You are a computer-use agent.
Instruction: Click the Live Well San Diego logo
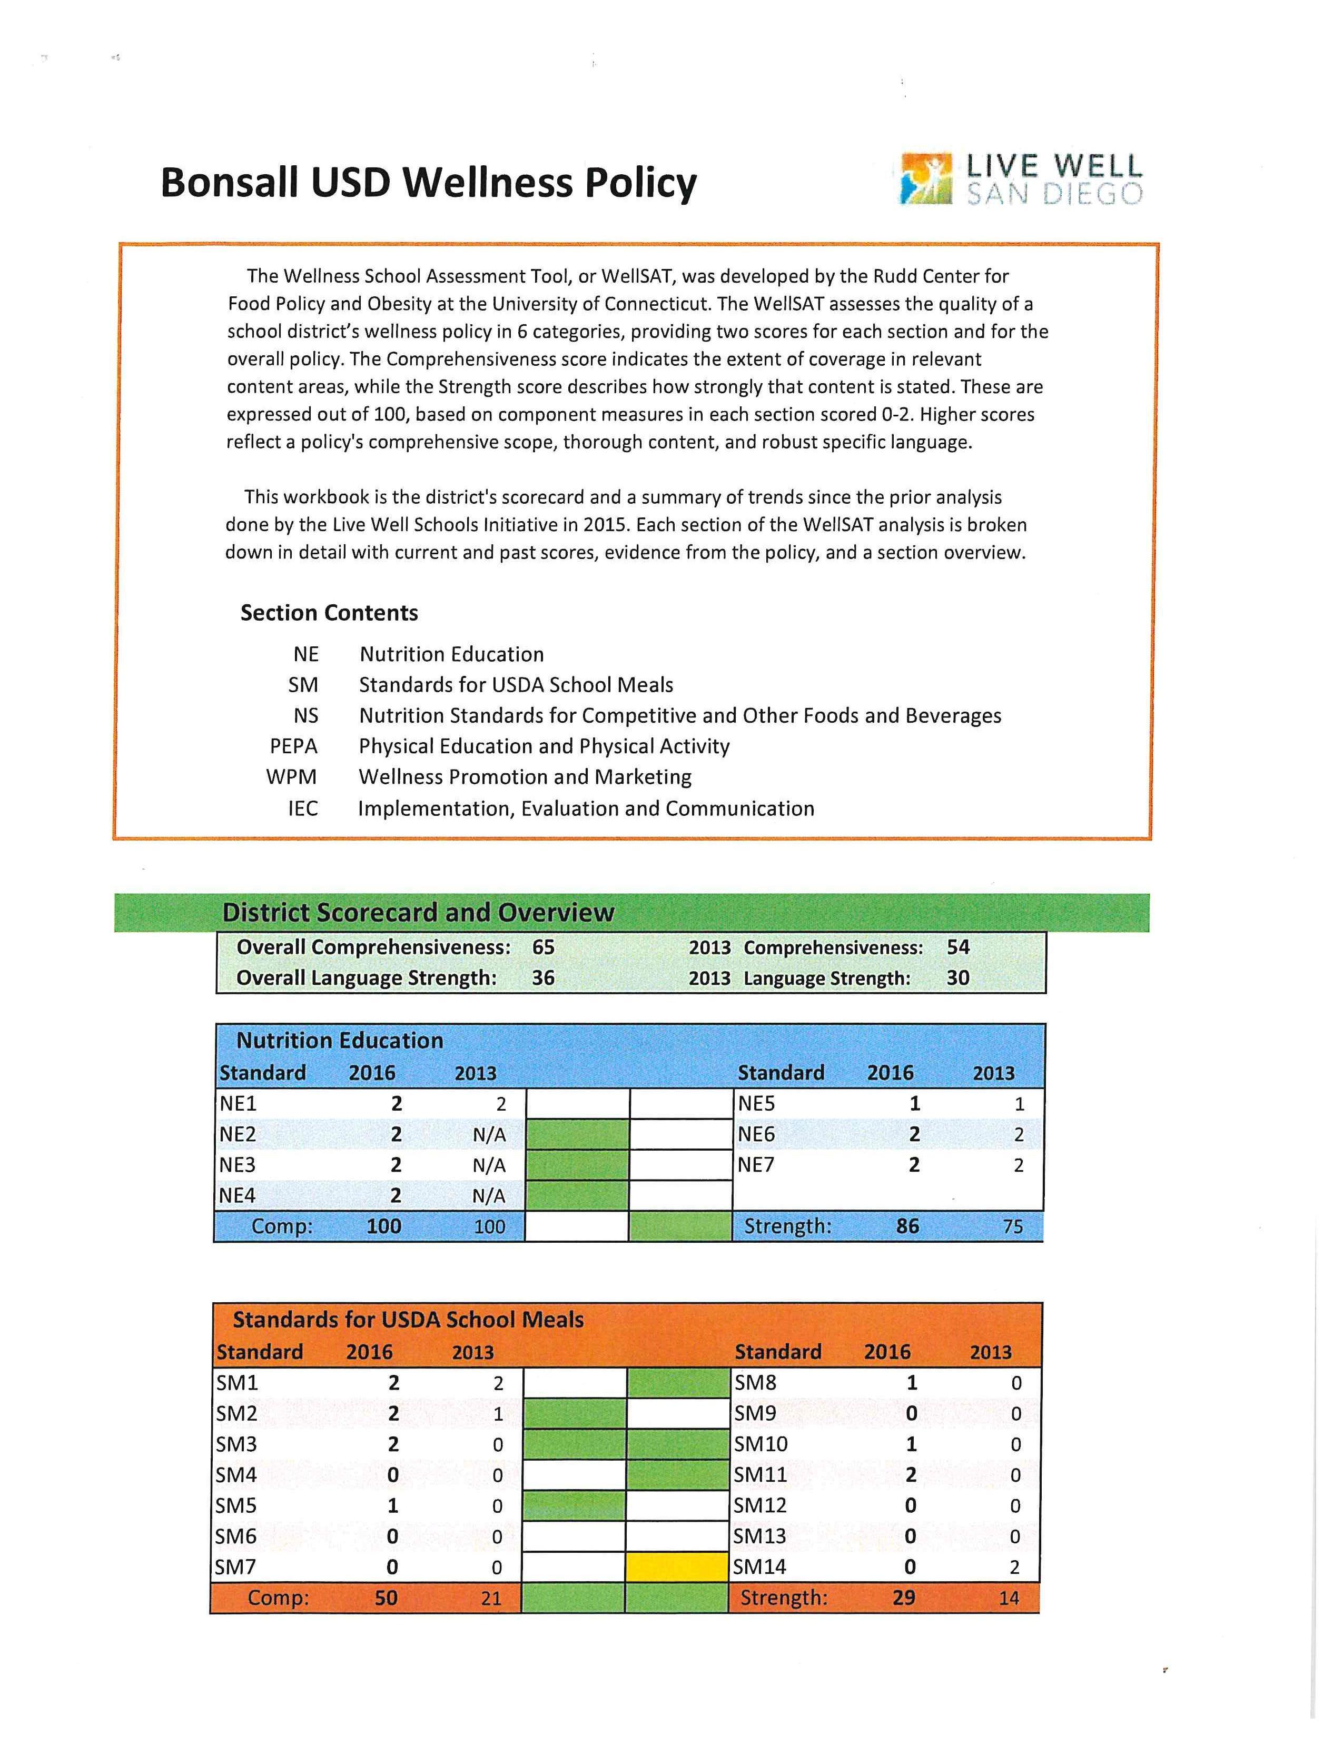pos(1021,179)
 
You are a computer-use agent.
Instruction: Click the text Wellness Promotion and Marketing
pos(525,777)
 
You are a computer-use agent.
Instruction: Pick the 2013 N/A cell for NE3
pos(489,1165)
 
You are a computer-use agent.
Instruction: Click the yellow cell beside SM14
pos(677,1568)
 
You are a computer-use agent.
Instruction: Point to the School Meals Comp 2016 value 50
pos(386,1598)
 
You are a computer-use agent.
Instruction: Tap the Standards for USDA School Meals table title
pos(408,1320)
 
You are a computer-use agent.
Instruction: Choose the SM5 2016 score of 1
pos(392,1505)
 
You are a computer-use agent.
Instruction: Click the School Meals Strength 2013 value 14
pos(1008,1598)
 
